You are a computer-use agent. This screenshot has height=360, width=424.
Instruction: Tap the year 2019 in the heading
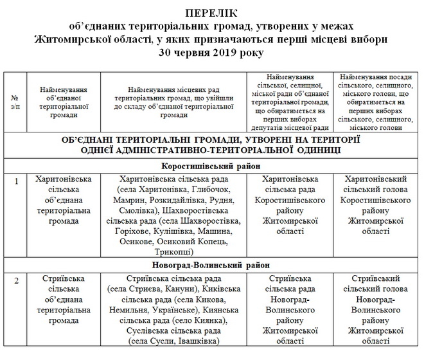(x=220, y=52)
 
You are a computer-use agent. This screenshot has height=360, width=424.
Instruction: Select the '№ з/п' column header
(x=15, y=101)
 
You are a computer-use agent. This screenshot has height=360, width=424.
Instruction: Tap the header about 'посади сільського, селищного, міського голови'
(x=378, y=101)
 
